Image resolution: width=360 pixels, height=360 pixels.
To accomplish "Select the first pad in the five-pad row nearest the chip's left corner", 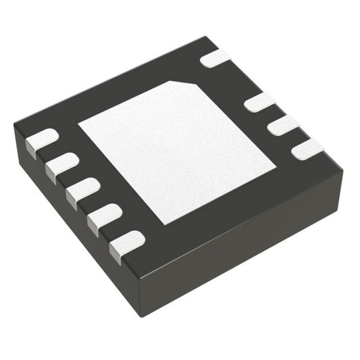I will (41, 140).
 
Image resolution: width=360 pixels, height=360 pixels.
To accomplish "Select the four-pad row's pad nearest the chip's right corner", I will (308, 149).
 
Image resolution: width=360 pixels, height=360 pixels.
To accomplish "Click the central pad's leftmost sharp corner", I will (78, 126).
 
